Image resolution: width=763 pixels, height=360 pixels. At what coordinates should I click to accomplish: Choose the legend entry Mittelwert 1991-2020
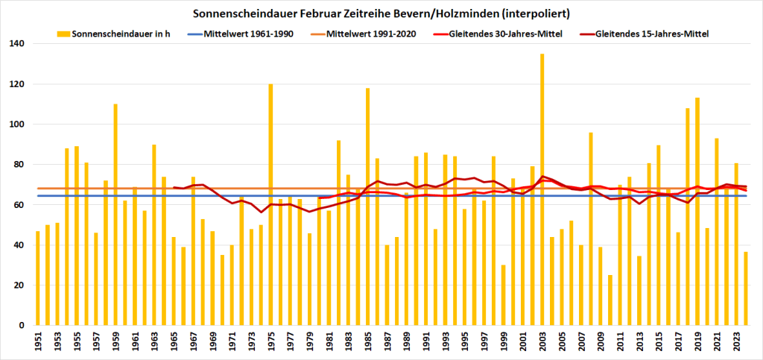370,34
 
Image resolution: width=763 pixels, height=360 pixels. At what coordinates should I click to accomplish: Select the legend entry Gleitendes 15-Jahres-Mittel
653,34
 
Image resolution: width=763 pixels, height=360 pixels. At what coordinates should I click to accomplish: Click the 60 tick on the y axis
20,205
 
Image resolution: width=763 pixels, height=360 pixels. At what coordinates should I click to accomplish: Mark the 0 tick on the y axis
23,326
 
